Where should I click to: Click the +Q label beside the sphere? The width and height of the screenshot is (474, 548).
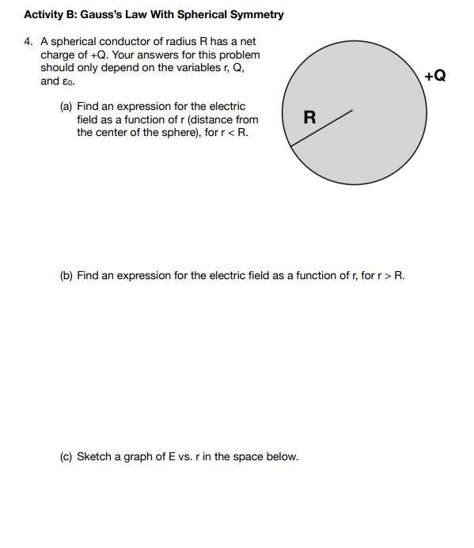pos(434,76)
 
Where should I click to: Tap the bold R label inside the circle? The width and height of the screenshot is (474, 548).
pos(309,118)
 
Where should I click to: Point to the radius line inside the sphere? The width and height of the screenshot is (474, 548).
pos(321,128)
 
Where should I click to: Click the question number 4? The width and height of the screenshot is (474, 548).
pos(28,41)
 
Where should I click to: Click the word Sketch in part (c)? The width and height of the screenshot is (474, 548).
pos(93,456)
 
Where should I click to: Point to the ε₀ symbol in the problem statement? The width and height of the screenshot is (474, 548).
pos(67,82)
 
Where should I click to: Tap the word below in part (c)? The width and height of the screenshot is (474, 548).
pos(283,456)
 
